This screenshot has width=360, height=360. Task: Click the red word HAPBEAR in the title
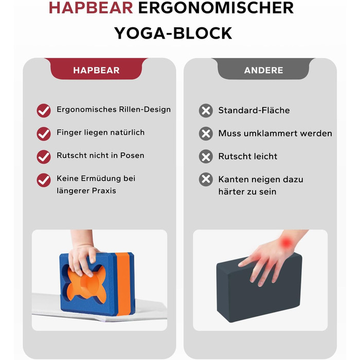pos(91,8)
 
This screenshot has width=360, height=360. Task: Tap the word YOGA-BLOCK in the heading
pos(173,33)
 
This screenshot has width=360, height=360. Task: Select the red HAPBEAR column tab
pos(96,69)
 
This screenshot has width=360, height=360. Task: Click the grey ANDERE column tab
pos(263,69)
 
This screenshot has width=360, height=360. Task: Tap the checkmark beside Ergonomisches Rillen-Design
pos(44,111)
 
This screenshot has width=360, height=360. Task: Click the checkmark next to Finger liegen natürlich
pos(44,134)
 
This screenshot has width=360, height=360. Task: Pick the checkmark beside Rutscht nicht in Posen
pos(44,157)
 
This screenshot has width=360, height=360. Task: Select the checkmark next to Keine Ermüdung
pos(44,180)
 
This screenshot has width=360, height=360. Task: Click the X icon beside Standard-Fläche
pos(206,111)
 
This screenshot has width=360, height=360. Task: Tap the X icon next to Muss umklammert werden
pos(206,134)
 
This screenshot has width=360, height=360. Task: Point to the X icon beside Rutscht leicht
pos(206,156)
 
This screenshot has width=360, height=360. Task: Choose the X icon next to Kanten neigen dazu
pos(206,179)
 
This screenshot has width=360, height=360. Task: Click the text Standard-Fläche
pos(254,110)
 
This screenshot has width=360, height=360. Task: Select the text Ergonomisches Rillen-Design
pos(114,110)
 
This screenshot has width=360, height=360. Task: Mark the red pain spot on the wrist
pos(286,242)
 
